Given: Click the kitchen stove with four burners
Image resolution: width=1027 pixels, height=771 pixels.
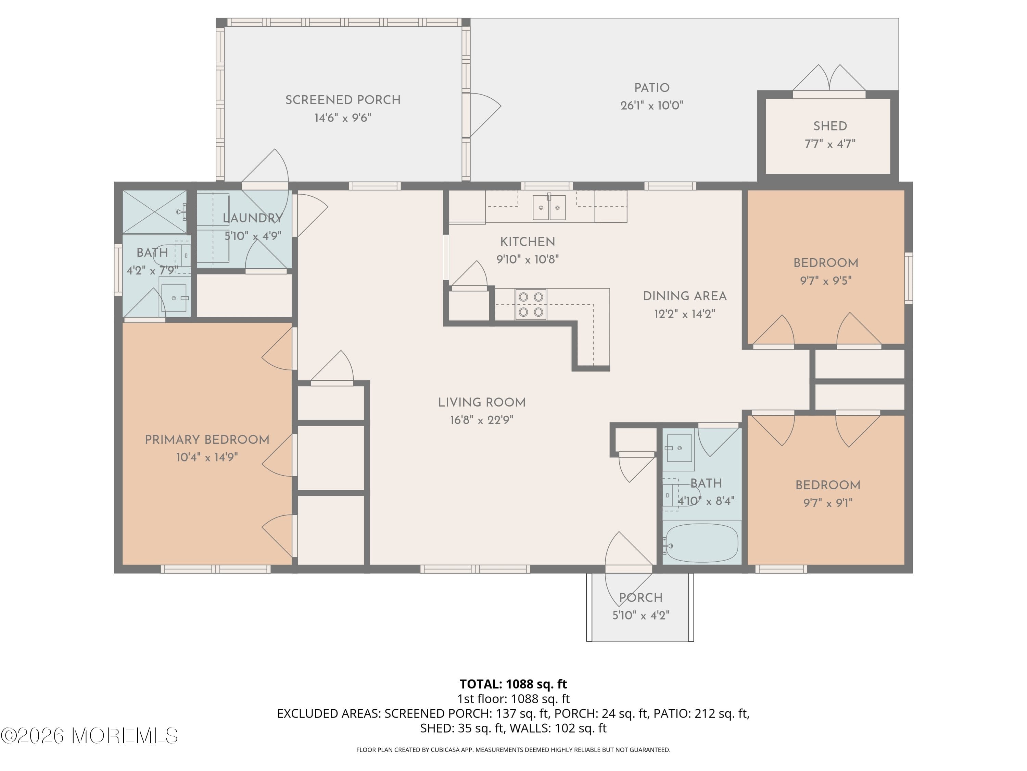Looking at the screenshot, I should coord(531,304).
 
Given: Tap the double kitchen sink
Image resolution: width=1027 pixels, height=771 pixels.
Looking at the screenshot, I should coord(549,207).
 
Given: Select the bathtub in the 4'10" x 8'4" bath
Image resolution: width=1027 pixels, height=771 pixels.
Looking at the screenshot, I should coord(701,542).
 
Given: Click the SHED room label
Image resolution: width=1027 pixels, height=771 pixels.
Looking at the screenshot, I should coord(830,126).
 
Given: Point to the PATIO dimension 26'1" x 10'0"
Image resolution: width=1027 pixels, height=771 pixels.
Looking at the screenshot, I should coord(651,106).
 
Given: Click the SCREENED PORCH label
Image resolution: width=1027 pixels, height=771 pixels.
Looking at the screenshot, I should coord(343,100).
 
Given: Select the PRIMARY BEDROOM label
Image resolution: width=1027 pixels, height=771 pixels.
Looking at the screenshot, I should coord(207,440).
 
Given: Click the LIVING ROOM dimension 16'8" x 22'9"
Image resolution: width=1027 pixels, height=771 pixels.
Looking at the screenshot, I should coord(481,420).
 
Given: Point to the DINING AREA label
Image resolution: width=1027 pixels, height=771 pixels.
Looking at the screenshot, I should coord(684,296).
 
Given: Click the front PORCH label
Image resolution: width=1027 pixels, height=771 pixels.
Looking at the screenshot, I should coord(641,598).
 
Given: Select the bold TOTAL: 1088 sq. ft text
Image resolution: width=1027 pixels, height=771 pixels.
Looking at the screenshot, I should coord(513,684).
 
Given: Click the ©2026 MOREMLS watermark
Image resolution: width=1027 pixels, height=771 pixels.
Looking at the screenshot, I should coord(89,736).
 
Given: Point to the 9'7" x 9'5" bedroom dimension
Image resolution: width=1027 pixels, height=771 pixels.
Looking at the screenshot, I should coord(825,281).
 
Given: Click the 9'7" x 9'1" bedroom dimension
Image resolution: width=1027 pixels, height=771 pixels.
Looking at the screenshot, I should coord(827,503).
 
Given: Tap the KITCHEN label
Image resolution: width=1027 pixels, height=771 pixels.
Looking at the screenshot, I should coord(528,242).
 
